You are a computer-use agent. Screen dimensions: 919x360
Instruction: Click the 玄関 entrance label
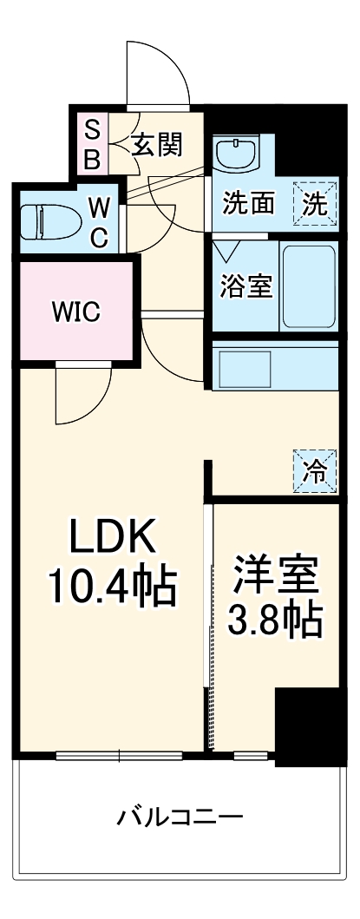pos(157,145)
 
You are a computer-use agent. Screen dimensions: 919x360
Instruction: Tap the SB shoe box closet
pos(90,146)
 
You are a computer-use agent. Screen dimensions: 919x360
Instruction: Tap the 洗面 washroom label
pos(249,205)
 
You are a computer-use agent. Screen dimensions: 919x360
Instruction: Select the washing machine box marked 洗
pos(314,205)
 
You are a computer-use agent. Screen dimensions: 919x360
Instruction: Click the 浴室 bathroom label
pos(245,287)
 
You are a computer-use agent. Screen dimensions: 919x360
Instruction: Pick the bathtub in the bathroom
pos(308,286)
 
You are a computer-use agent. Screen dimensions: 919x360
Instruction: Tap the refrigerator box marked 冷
pos(314,471)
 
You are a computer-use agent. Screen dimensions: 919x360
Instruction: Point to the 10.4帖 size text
pos(112,588)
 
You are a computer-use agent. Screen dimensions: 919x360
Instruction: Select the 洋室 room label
pos(275,574)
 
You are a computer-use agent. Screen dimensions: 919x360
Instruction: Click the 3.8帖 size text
pos(275,619)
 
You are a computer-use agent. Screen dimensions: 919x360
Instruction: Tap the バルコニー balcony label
pos(180,817)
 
